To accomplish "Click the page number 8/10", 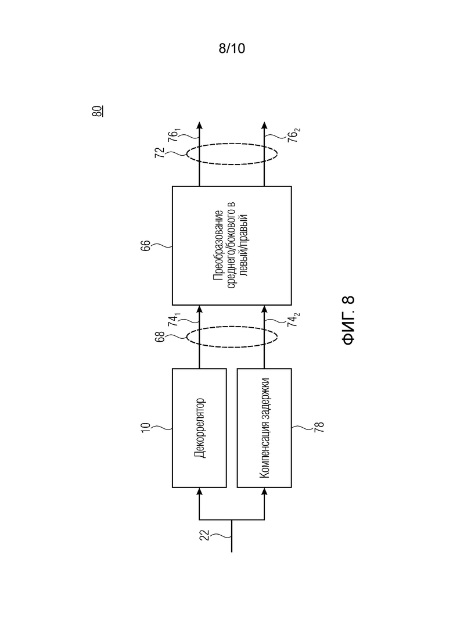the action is pos(232,48).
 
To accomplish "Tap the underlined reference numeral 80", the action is pos(98,111).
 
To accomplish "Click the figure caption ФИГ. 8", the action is pos(348,320).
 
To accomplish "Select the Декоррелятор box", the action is pos(199,428).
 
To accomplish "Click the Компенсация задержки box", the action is pos(264,428).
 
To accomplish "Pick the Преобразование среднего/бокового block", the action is pos(232,246).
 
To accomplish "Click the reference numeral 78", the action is pos(319,427).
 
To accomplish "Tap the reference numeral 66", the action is pos(146,246).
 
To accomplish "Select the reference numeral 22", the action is pos(204,535).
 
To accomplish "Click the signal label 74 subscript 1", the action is pos(174,319).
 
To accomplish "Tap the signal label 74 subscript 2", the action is pos(293,319).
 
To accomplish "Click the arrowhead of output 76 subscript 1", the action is pos(199,126).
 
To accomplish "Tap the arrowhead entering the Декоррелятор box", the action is pos(199,492).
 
